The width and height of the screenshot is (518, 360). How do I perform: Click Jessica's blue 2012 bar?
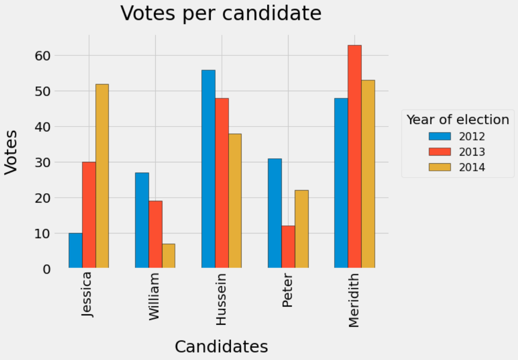pyautogui.click(x=75, y=250)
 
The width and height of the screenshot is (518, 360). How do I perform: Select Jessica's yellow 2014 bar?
pyautogui.click(x=102, y=176)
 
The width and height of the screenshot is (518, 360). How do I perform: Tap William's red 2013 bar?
pyautogui.click(x=155, y=234)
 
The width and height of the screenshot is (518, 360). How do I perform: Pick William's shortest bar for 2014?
pyautogui.click(x=169, y=256)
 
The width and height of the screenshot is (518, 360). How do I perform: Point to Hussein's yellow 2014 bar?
pyautogui.click(x=235, y=201)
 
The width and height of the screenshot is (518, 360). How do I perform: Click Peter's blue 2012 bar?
pyautogui.click(x=275, y=213)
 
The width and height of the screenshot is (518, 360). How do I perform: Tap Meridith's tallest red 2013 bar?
pyautogui.click(x=355, y=157)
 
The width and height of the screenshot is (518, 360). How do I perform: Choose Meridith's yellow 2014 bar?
pyautogui.click(x=368, y=174)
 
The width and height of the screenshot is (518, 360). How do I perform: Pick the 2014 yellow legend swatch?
pyautogui.click(x=440, y=167)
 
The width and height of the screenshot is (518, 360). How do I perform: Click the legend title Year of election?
pyautogui.click(x=458, y=120)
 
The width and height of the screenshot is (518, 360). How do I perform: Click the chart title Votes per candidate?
pyautogui.click(x=221, y=13)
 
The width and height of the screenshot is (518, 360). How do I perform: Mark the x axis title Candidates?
pyautogui.click(x=221, y=347)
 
